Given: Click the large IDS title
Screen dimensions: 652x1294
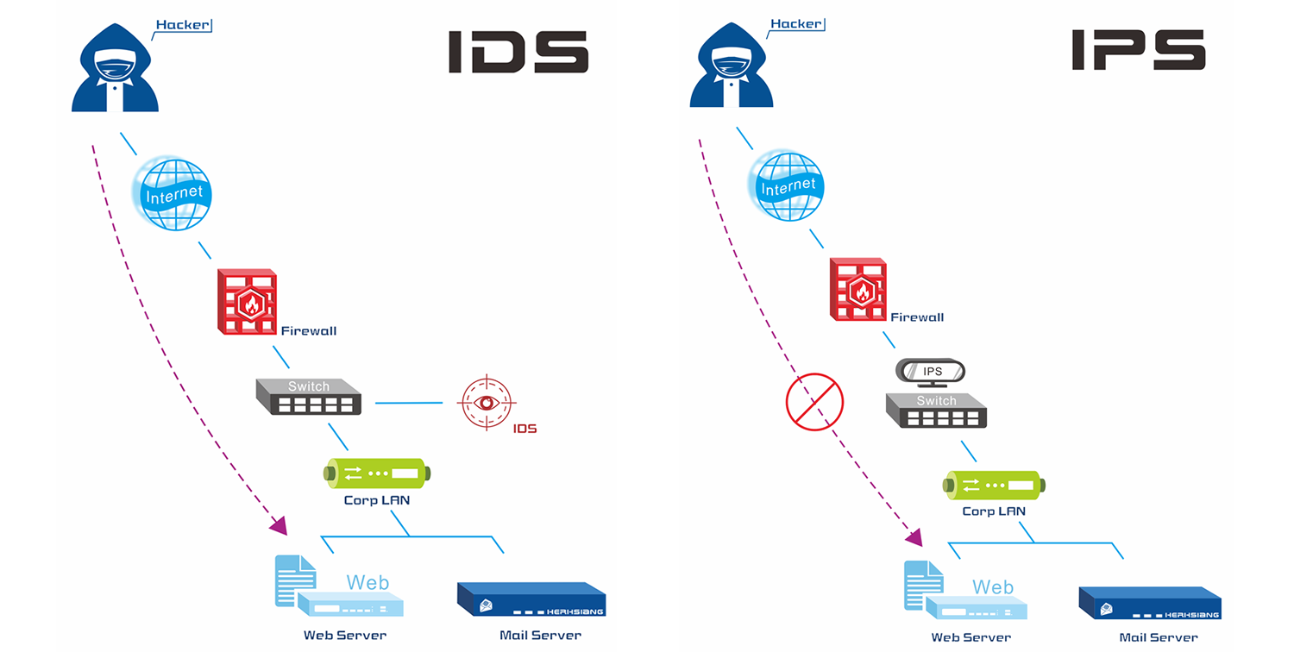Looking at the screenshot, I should coord(518,52).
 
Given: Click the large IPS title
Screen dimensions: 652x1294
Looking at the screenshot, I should coord(1138,50).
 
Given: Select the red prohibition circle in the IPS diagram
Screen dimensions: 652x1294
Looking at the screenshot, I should coord(813,402).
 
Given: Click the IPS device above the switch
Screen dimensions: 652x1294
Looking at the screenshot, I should coord(931,372).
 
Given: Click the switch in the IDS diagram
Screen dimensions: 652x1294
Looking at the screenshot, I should coord(308,397).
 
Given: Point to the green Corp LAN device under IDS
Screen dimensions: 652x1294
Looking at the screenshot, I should coord(376,473).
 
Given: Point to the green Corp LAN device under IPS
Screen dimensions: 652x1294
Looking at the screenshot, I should coord(993,485).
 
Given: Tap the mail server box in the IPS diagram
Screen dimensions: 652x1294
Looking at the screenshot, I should coord(1149,604).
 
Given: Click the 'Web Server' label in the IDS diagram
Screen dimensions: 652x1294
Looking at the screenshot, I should coord(345,636).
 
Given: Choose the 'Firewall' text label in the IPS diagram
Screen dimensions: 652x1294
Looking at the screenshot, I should coord(917,317).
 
